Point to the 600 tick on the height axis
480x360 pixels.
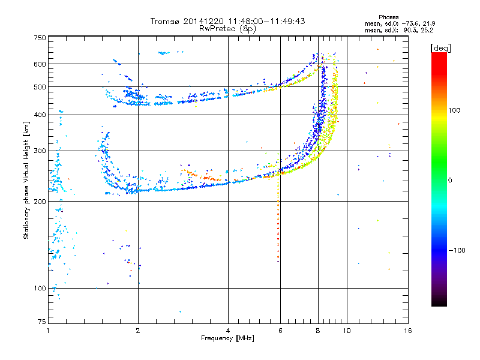40,64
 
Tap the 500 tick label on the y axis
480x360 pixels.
40,87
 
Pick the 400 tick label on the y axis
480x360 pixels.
40,115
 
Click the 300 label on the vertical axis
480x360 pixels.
40,151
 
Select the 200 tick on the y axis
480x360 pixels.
40,202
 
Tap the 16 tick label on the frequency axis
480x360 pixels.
407,331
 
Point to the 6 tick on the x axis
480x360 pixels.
280,331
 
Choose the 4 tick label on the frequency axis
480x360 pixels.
228,331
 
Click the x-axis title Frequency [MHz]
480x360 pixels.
227,338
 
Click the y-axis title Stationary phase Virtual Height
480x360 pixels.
26,180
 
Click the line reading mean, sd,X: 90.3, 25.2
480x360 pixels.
399,29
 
